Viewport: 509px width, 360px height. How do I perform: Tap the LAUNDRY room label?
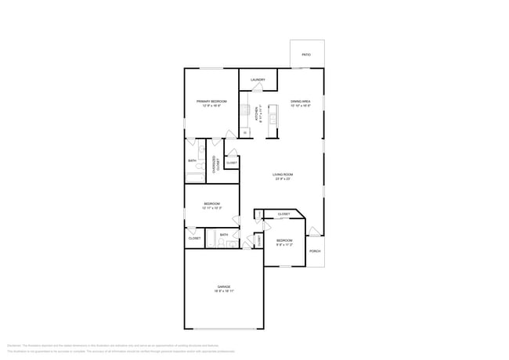point(258,80)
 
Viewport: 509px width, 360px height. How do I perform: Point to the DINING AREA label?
point(301,102)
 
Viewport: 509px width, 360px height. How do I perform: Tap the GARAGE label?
point(224,288)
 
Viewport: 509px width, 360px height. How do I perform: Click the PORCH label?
point(315,250)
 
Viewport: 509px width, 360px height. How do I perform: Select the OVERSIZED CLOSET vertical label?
point(216,164)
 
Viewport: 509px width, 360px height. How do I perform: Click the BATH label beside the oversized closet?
point(192,161)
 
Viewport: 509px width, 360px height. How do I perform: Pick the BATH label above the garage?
point(224,235)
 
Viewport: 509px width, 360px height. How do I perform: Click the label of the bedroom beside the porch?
point(283,242)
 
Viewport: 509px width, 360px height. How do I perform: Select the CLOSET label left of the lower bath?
point(194,238)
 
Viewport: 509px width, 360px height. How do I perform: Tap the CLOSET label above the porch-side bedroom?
point(283,214)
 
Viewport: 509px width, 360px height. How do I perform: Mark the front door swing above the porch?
point(313,231)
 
